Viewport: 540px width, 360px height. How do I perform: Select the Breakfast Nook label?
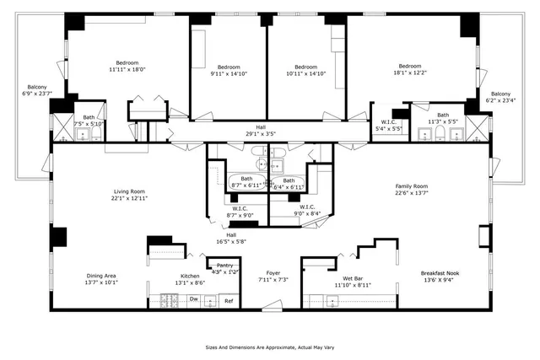pyautogui.click(x=440, y=273)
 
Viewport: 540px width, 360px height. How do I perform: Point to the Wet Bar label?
pyautogui.click(x=353, y=278)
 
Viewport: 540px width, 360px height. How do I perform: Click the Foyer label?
pyautogui.click(x=273, y=273)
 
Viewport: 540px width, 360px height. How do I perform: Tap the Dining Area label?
pyautogui.click(x=100, y=276)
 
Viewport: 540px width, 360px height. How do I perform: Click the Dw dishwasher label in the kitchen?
pyautogui.click(x=193, y=299)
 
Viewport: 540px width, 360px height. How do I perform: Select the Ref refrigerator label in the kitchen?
pyautogui.click(x=228, y=300)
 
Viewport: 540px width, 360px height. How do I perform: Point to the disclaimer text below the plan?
pyautogui.click(x=270, y=346)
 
